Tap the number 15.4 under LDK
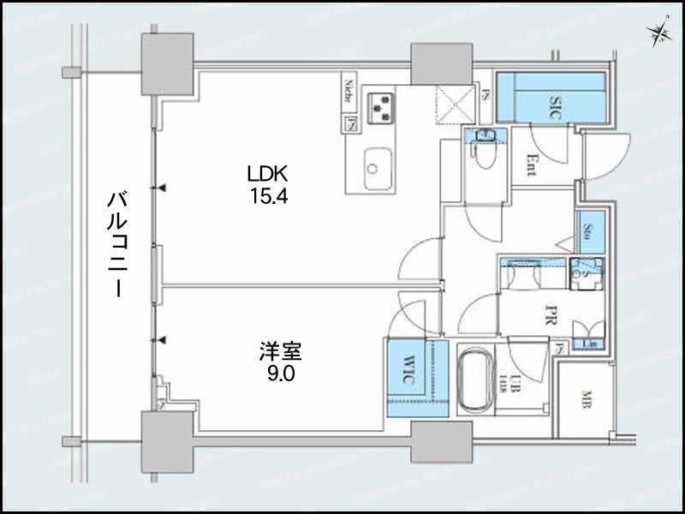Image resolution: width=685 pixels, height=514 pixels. [x=268, y=195]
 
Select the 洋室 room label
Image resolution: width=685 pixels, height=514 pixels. [x=279, y=351]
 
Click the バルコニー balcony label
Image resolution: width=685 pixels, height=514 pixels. [x=115, y=243]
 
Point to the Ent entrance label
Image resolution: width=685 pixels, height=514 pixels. [x=532, y=163]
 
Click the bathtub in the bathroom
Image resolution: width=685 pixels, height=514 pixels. [x=474, y=381]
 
